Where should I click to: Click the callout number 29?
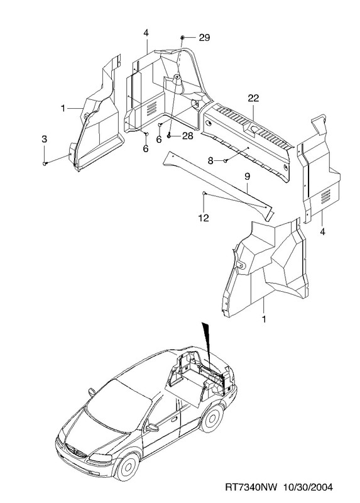click(204, 38)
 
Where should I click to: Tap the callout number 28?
click(187, 136)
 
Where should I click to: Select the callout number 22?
click(253, 98)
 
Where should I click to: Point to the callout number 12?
click(204, 218)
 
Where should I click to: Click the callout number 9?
click(247, 176)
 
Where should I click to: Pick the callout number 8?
click(210, 161)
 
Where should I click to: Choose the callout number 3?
click(44, 139)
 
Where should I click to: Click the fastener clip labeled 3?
click(45, 163)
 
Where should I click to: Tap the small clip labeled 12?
click(204, 193)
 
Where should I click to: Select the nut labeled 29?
click(182, 38)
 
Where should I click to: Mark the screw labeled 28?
click(169, 136)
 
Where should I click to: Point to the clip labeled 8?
click(226, 160)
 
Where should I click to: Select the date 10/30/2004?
click(308, 488)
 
